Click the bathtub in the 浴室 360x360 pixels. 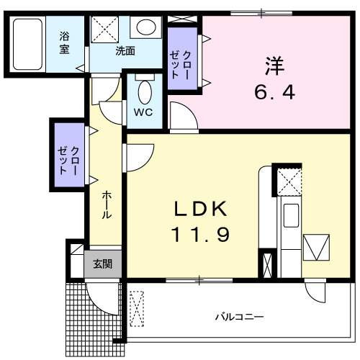point(30,43)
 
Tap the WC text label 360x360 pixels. point(144,112)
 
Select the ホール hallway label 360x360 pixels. point(106,205)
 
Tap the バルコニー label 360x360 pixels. point(239,316)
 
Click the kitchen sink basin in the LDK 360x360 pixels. point(292,214)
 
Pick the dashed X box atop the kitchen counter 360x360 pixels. point(291,179)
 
